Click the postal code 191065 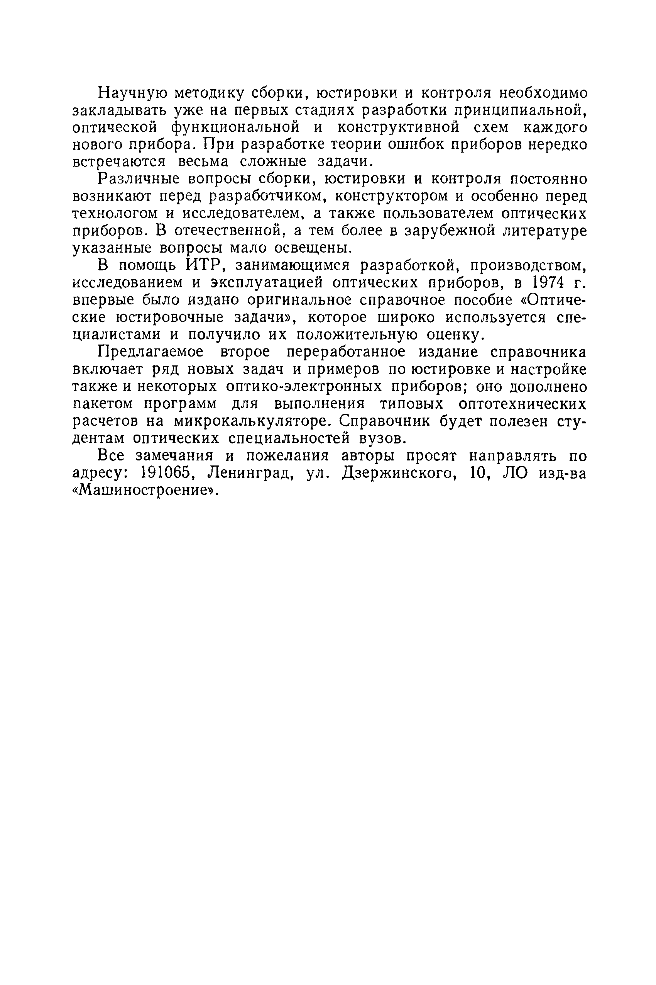(161, 473)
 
